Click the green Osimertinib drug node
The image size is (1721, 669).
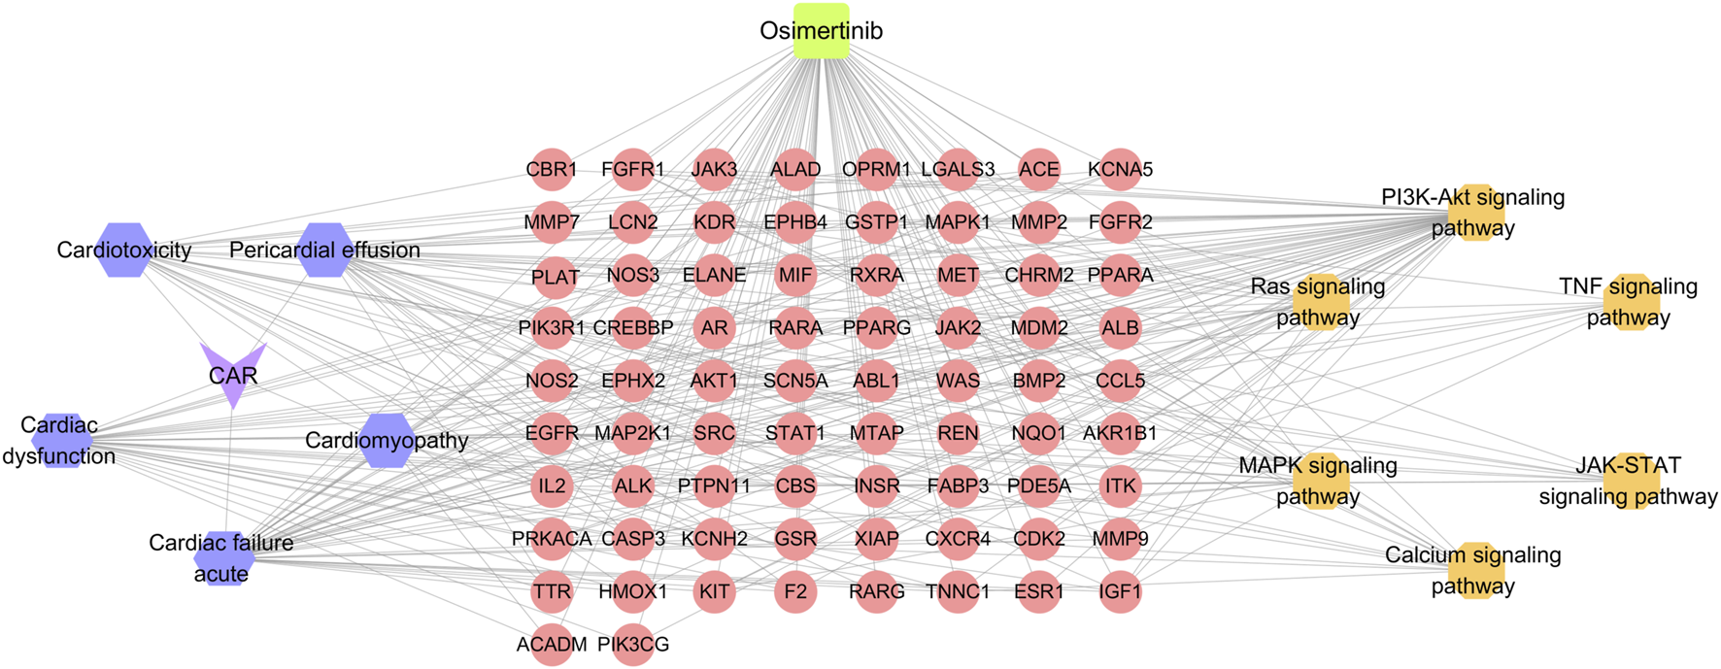821,31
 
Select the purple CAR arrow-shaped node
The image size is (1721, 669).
233,373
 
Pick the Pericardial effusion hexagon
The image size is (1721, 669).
325,251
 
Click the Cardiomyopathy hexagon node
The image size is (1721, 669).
388,440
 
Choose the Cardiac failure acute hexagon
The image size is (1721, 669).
223,558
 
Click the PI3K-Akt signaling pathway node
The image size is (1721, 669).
1474,212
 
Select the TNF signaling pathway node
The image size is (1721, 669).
1630,302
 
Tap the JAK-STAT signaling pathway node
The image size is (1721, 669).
1630,481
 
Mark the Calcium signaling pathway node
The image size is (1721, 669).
1474,570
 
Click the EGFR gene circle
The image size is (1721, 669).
552,433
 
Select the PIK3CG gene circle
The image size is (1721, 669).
633,644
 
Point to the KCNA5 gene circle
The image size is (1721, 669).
1120,170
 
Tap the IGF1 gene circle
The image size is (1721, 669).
1120,591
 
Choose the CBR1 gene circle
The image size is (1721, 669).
552,170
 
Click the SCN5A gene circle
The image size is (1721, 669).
795,381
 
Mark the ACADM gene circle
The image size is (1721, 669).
552,644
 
